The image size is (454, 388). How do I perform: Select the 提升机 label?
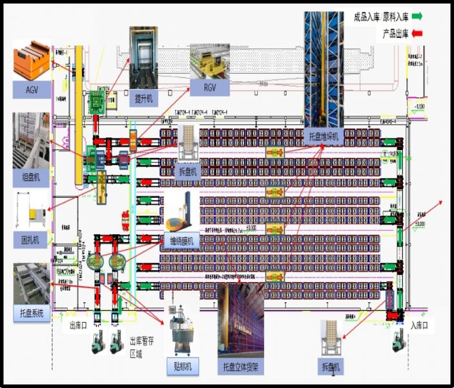(x=143, y=98)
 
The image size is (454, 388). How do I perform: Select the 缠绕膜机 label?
(x=183, y=240)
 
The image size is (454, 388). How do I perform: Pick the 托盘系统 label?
(x=32, y=315)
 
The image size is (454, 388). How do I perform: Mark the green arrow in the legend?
(x=417, y=16)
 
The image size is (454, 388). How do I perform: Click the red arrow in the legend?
(x=417, y=33)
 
